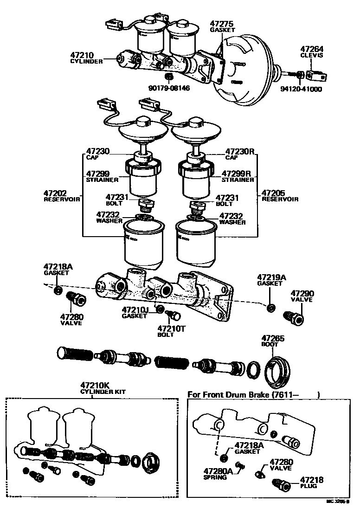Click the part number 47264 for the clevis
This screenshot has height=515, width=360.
click(x=312, y=49)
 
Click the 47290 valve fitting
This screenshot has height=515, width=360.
click(x=293, y=318)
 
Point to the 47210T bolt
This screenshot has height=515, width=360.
click(x=175, y=315)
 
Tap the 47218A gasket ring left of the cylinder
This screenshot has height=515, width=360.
click(x=58, y=290)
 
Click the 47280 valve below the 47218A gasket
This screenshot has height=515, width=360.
click(x=76, y=299)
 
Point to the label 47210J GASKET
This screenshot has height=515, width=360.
click(x=135, y=312)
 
